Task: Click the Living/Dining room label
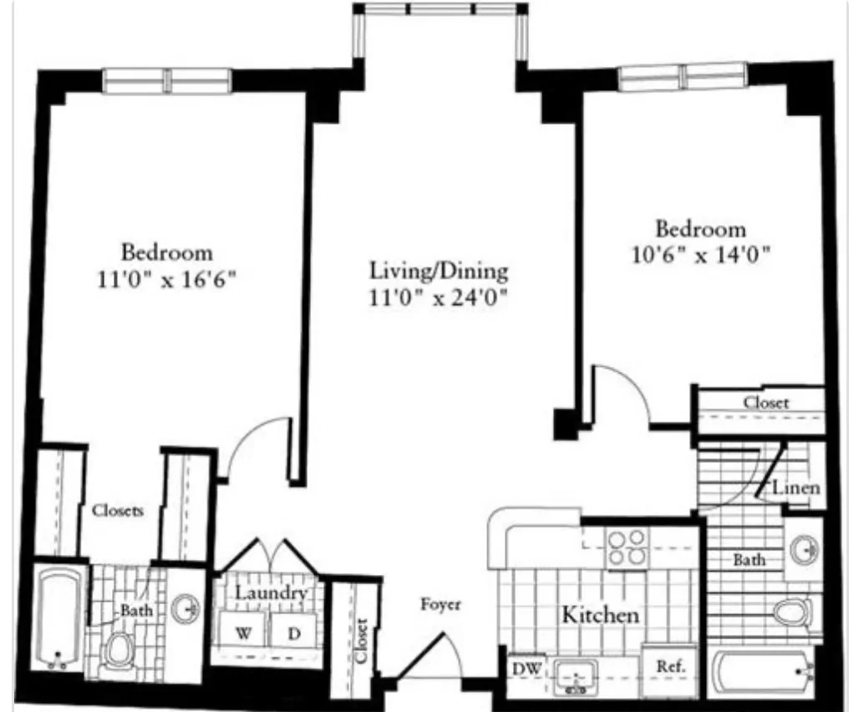tap(439, 272)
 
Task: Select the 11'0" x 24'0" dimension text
tap(440, 297)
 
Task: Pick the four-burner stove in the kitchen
tap(627, 547)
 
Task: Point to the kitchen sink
tap(575, 673)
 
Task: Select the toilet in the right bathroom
tap(790, 613)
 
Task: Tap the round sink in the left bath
tap(186, 608)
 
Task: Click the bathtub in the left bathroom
tap(58, 618)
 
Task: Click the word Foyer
tap(440, 604)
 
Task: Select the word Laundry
tap(270, 592)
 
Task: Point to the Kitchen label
tap(600, 615)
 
